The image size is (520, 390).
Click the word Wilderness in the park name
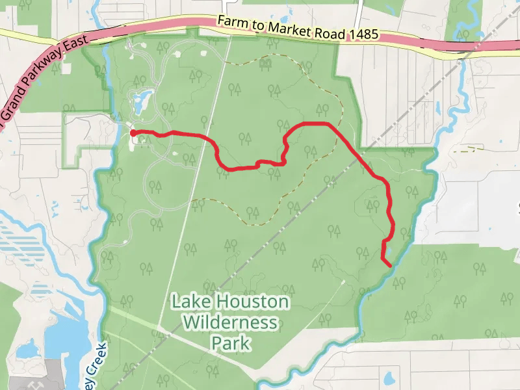(231, 322)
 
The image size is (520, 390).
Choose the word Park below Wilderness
(231, 342)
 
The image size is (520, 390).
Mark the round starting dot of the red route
(133, 133)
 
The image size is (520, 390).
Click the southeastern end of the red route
(389, 265)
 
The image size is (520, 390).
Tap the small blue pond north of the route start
(140, 99)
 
